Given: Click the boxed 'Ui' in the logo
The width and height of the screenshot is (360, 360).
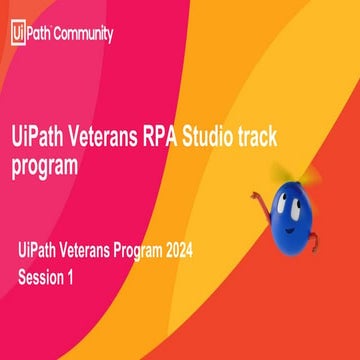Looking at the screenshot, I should coord(17,33).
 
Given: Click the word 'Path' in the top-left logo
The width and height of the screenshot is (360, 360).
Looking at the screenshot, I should coord(39,33).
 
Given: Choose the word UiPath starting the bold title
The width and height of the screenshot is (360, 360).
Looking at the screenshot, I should coord(40,132).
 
